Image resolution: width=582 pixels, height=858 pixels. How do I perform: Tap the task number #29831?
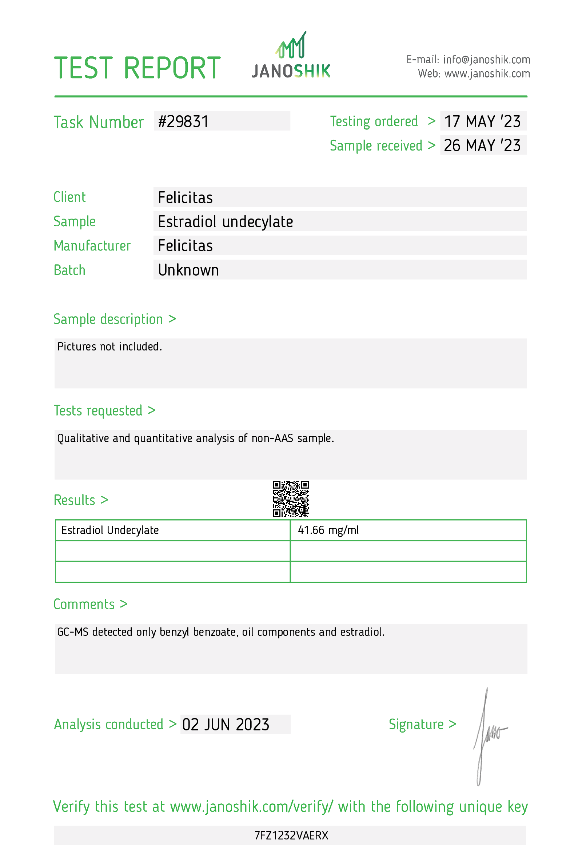pyautogui.click(x=183, y=121)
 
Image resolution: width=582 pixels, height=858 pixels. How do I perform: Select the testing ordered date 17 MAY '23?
pyautogui.click(x=482, y=121)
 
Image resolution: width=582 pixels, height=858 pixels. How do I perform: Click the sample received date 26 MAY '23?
pyautogui.click(x=482, y=145)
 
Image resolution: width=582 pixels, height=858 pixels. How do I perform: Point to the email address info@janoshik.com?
pyautogui.click(x=486, y=59)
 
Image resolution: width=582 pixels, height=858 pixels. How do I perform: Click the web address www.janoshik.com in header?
pyautogui.click(x=487, y=73)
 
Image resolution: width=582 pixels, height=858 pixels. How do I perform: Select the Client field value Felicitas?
pyautogui.click(x=185, y=197)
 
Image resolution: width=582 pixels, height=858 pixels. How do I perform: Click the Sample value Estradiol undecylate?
pyautogui.click(x=225, y=221)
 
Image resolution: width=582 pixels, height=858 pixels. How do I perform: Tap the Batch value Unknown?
pyautogui.click(x=188, y=270)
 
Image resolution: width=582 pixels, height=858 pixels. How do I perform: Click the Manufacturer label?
pyautogui.click(x=92, y=245)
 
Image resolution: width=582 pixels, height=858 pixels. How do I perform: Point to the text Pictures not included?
pyautogui.click(x=110, y=346)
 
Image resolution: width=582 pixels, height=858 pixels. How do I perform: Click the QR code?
pyautogui.click(x=291, y=498)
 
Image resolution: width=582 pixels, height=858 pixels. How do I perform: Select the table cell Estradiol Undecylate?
pyautogui.click(x=110, y=530)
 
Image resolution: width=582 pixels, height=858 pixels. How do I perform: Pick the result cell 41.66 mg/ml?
pyautogui.click(x=328, y=530)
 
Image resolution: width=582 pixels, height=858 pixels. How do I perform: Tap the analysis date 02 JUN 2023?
pyautogui.click(x=226, y=724)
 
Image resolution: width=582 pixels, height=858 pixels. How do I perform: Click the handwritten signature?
pyautogui.click(x=487, y=735)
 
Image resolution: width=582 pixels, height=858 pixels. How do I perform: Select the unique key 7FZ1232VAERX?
pyautogui.click(x=291, y=835)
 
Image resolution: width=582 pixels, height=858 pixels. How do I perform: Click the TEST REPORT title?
pyautogui.click(x=137, y=68)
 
